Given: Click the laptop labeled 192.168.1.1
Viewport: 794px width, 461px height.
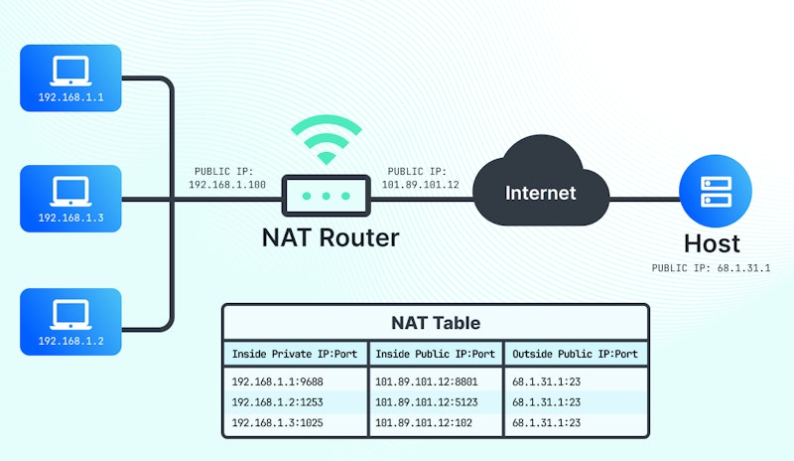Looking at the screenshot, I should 70,78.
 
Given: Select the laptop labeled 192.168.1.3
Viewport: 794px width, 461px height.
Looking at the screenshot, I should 70,198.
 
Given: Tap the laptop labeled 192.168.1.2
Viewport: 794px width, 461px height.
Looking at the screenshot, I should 70,322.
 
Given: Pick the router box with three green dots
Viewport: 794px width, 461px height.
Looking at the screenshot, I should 326,196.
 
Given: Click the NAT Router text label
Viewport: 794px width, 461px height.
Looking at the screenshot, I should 331,237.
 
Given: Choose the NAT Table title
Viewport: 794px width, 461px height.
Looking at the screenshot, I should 435,323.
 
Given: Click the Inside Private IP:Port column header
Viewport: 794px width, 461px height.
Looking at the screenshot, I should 294,354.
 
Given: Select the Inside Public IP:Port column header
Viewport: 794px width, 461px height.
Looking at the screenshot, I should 435,354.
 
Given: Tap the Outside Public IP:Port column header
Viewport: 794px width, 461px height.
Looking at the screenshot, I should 576,354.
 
